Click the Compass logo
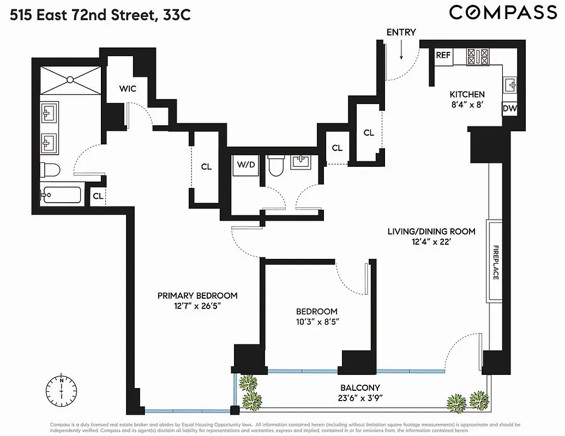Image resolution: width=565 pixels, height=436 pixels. tap(503, 12)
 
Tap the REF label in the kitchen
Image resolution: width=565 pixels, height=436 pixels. tap(443, 55)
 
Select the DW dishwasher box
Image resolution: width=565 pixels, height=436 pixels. tap(509, 109)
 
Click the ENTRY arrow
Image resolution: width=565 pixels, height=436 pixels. tap(401, 50)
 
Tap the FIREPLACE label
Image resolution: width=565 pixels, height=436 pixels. tap(496, 262)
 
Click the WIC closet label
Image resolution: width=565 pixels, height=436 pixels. tap(128, 88)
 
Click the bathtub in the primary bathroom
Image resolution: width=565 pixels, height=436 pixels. tap(61, 195)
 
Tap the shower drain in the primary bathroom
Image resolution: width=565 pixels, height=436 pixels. tap(70, 80)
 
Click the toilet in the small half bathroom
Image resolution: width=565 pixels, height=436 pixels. tap(276, 167)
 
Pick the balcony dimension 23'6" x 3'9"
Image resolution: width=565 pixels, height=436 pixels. tap(358, 397)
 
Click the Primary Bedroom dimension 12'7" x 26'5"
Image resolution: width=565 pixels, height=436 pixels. tap(197, 306)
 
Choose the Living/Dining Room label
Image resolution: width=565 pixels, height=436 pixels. tap(431, 231)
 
